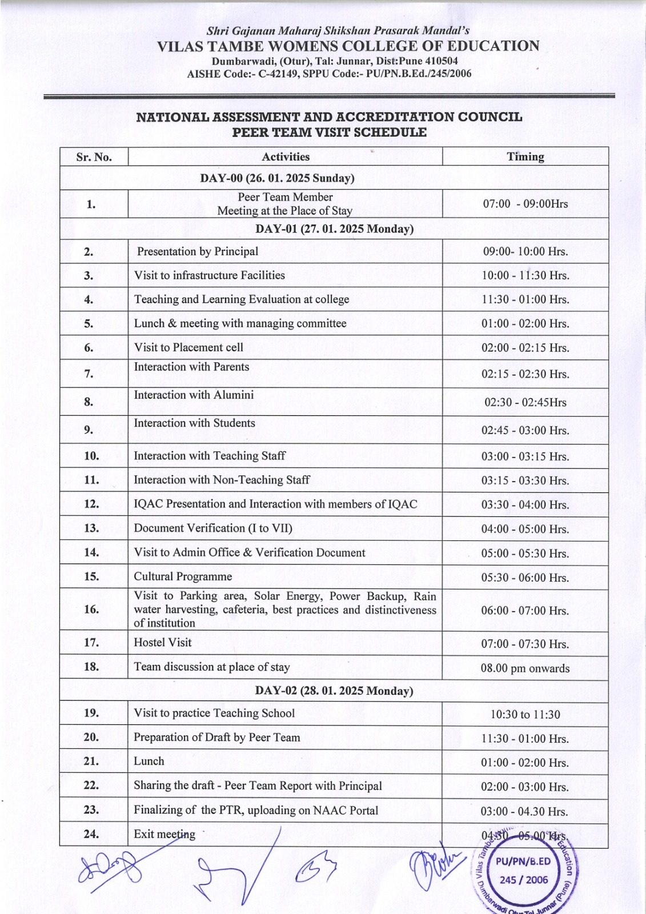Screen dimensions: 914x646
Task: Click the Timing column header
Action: tap(525, 157)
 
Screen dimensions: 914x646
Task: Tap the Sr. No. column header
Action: tap(94, 157)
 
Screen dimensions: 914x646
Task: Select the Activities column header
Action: tap(286, 157)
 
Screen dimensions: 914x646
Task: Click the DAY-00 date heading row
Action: tap(277, 178)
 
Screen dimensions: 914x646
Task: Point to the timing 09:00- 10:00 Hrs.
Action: tap(525, 251)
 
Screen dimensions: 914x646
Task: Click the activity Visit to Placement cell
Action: tap(188, 347)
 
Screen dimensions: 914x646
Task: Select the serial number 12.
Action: tap(91, 504)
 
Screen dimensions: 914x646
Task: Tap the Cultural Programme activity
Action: tap(183, 576)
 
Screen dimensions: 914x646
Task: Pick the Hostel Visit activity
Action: tap(163, 642)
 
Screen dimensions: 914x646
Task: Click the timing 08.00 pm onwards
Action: tap(525, 668)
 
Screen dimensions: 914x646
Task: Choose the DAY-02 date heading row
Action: tap(334, 691)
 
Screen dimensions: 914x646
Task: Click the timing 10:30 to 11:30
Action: tap(525, 714)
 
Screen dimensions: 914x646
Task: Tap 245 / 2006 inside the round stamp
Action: tap(523, 880)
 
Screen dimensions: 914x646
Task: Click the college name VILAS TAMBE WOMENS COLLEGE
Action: tap(348, 46)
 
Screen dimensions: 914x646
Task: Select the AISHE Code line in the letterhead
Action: tap(329, 74)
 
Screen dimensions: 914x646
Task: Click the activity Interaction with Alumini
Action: tap(194, 395)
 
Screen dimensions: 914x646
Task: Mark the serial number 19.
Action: tap(91, 713)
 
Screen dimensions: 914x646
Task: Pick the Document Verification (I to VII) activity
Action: tap(213, 528)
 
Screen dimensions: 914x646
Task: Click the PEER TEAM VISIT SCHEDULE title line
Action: tap(329, 132)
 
